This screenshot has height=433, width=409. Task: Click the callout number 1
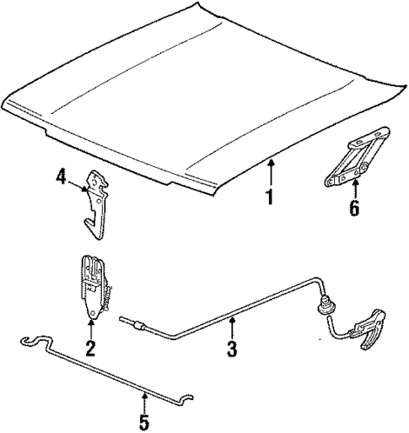pos(271,198)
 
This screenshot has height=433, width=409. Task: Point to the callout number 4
pos(62,177)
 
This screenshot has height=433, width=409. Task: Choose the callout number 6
pos(354,208)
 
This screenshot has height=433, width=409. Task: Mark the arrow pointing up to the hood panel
pos(271,173)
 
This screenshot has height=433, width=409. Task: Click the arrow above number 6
pos(354,187)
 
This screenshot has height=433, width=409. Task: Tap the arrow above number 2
pos(90,323)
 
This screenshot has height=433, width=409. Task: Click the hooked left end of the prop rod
pos(30,341)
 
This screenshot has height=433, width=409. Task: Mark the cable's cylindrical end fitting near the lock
pos(136,322)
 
